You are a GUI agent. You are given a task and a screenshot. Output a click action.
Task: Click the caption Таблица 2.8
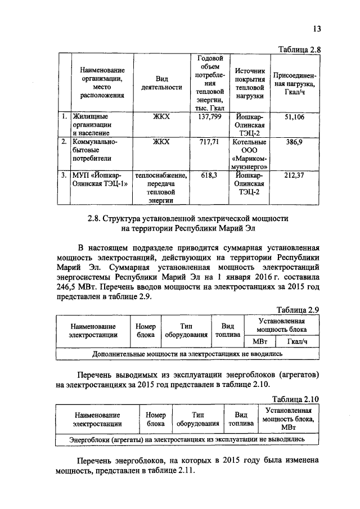pyautogui.click(x=299, y=49)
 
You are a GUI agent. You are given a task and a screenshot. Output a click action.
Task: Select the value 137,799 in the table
pyautogui.click(x=210, y=117)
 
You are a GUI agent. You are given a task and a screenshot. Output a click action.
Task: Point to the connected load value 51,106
pyautogui.click(x=294, y=117)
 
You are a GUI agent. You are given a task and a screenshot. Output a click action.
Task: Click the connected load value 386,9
pyautogui.click(x=294, y=142)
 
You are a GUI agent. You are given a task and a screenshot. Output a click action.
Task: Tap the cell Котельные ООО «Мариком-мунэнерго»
pyautogui.click(x=250, y=154)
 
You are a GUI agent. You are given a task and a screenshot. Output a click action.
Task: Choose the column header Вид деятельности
pyautogui.click(x=161, y=83)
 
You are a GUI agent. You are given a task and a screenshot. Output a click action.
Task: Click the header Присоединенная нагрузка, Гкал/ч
pyautogui.click(x=294, y=83)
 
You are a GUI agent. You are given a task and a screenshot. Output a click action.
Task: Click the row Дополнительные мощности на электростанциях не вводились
pyautogui.click(x=187, y=354)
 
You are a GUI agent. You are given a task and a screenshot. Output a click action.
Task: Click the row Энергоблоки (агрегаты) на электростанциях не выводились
pyautogui.click(x=187, y=438)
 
